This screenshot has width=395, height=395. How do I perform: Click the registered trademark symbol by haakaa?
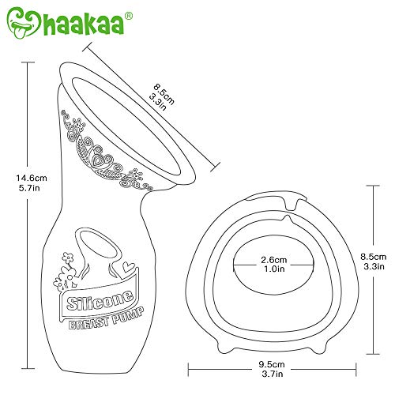(129, 16)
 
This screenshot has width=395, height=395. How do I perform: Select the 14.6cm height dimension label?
(32, 178)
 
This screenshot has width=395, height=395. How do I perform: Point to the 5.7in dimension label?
(29, 188)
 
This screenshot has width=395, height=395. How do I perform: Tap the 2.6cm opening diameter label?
(274, 260)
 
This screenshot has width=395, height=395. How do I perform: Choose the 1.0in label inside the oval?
(274, 269)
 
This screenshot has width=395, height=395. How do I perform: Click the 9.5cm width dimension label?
(272, 364)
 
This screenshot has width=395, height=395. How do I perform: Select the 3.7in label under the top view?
(273, 374)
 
